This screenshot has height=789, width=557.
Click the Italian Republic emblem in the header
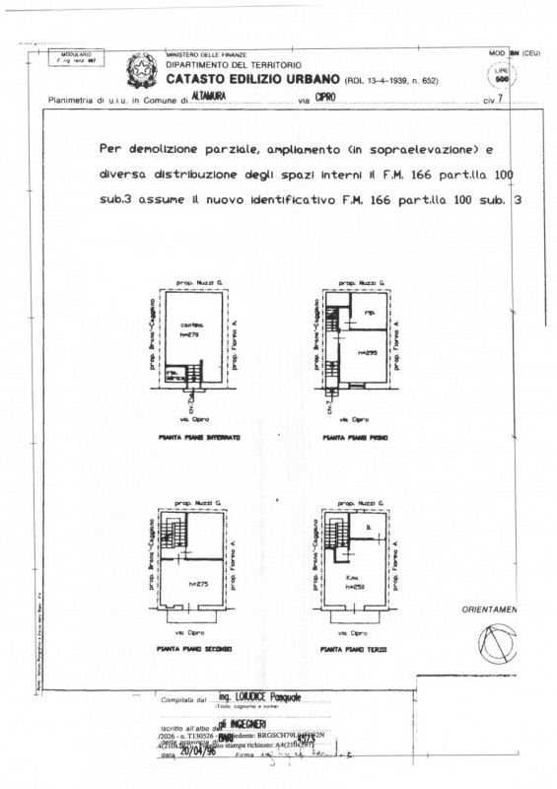[x=139, y=69]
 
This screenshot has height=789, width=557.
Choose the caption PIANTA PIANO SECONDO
[x=197, y=650]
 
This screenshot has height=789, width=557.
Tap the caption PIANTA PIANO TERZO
[x=355, y=650]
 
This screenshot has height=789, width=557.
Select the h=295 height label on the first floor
[x=369, y=351]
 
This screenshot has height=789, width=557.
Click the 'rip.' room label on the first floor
[x=369, y=315]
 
